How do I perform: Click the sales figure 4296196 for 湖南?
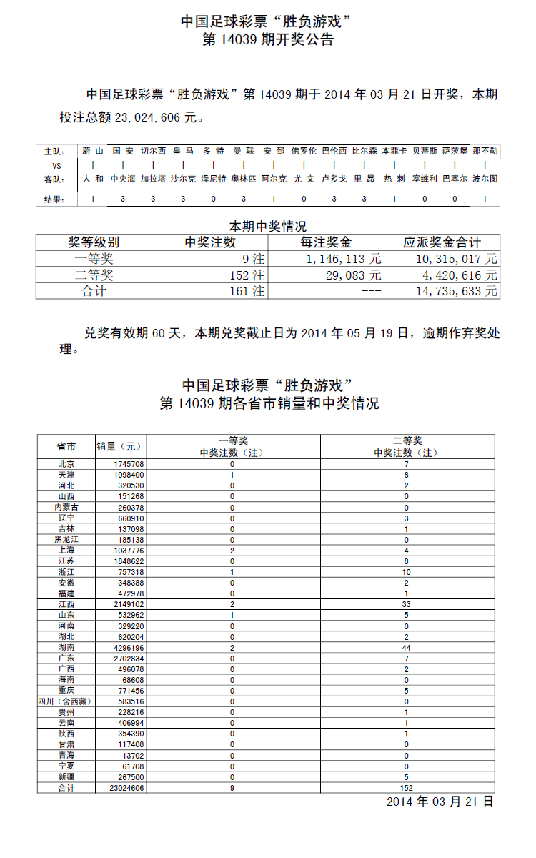point(129,648)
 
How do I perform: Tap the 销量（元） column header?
point(120,447)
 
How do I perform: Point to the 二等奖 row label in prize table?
point(94,275)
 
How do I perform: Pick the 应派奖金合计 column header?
point(442,243)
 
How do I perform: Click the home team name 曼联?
point(244,152)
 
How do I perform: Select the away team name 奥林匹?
point(244,179)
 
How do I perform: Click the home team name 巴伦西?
point(334,152)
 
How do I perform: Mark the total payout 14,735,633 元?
point(456,291)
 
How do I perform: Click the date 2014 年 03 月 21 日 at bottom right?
point(440,802)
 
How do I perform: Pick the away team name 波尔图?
point(485,179)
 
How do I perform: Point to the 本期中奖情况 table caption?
point(267,227)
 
